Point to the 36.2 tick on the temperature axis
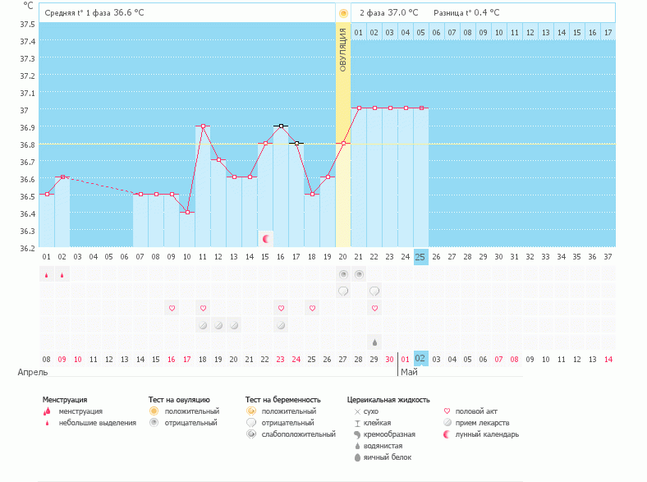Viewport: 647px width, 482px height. [x=27, y=248]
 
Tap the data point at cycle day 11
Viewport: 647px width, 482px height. [x=203, y=126]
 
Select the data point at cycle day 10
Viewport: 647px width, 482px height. [x=187, y=212]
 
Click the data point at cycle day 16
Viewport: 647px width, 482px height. [x=281, y=126]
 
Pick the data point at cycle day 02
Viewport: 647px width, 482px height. [x=62, y=177]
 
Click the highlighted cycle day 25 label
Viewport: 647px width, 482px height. [x=420, y=257]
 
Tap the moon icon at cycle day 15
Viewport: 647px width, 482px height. [x=266, y=239]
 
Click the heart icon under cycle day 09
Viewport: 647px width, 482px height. [x=172, y=309]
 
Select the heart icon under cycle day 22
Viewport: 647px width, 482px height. [x=374, y=309]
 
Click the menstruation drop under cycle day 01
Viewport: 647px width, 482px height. [x=46, y=274]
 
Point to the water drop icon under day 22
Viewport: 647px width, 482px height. [x=374, y=342]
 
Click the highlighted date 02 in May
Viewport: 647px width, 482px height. [x=420, y=359]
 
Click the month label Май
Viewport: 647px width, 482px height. [x=408, y=372]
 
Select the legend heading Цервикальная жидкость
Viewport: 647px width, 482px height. [x=388, y=399]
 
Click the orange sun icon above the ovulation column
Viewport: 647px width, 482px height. [x=343, y=13]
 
